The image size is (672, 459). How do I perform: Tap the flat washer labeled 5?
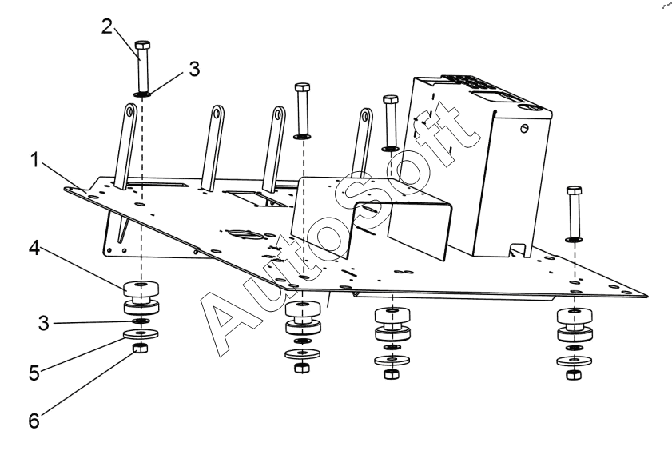click(141, 335)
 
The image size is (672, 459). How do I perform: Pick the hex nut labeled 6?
click(141, 349)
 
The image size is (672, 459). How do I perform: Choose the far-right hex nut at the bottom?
click(574, 375)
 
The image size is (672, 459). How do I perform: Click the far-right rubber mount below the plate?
click(574, 320)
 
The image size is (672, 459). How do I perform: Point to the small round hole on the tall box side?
click(524, 128)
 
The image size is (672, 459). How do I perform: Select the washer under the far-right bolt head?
click(574, 238)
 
